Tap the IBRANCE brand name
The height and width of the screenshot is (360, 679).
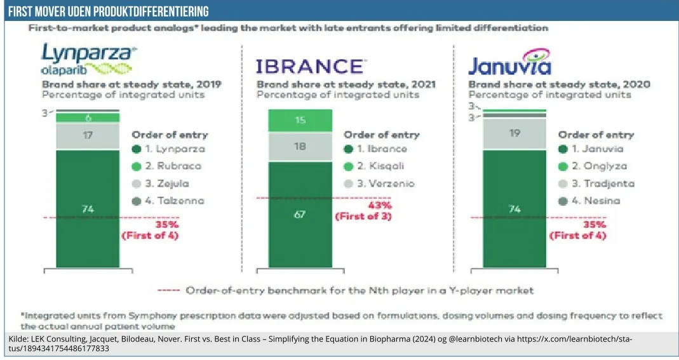pyautogui.click(x=311, y=66)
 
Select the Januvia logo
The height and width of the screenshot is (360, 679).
pyautogui.click(x=509, y=62)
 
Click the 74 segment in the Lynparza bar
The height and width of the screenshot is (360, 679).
pyautogui.click(x=88, y=208)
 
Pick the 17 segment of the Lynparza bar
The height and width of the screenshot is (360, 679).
pyautogui.click(x=88, y=135)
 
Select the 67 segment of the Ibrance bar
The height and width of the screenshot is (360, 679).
pyautogui.click(x=300, y=214)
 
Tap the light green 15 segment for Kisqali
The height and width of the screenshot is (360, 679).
pyautogui.click(x=300, y=120)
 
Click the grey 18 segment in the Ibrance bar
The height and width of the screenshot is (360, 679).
pyautogui.click(x=300, y=147)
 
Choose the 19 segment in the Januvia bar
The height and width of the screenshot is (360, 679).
pyautogui.click(x=514, y=133)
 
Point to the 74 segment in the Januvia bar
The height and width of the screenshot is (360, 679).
pyautogui.click(x=514, y=208)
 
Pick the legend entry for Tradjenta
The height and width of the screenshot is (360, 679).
pyautogui.click(x=595, y=183)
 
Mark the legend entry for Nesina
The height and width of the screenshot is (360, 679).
pyautogui.click(x=589, y=201)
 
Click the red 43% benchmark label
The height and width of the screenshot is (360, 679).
pyautogui.click(x=380, y=205)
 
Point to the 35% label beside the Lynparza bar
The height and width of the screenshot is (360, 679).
pyautogui.click(x=167, y=224)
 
